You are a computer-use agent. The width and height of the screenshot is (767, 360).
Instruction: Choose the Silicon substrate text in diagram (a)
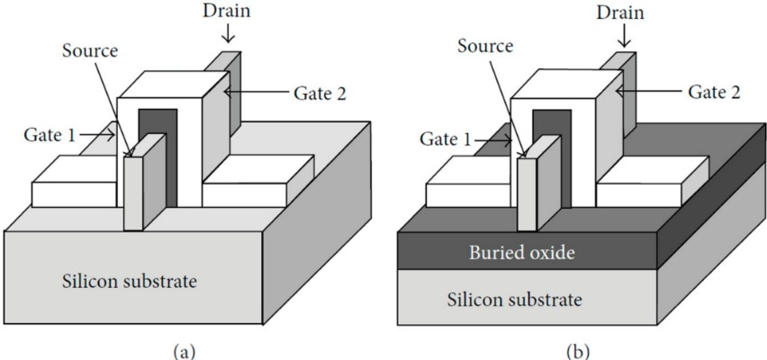[x=135, y=283]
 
